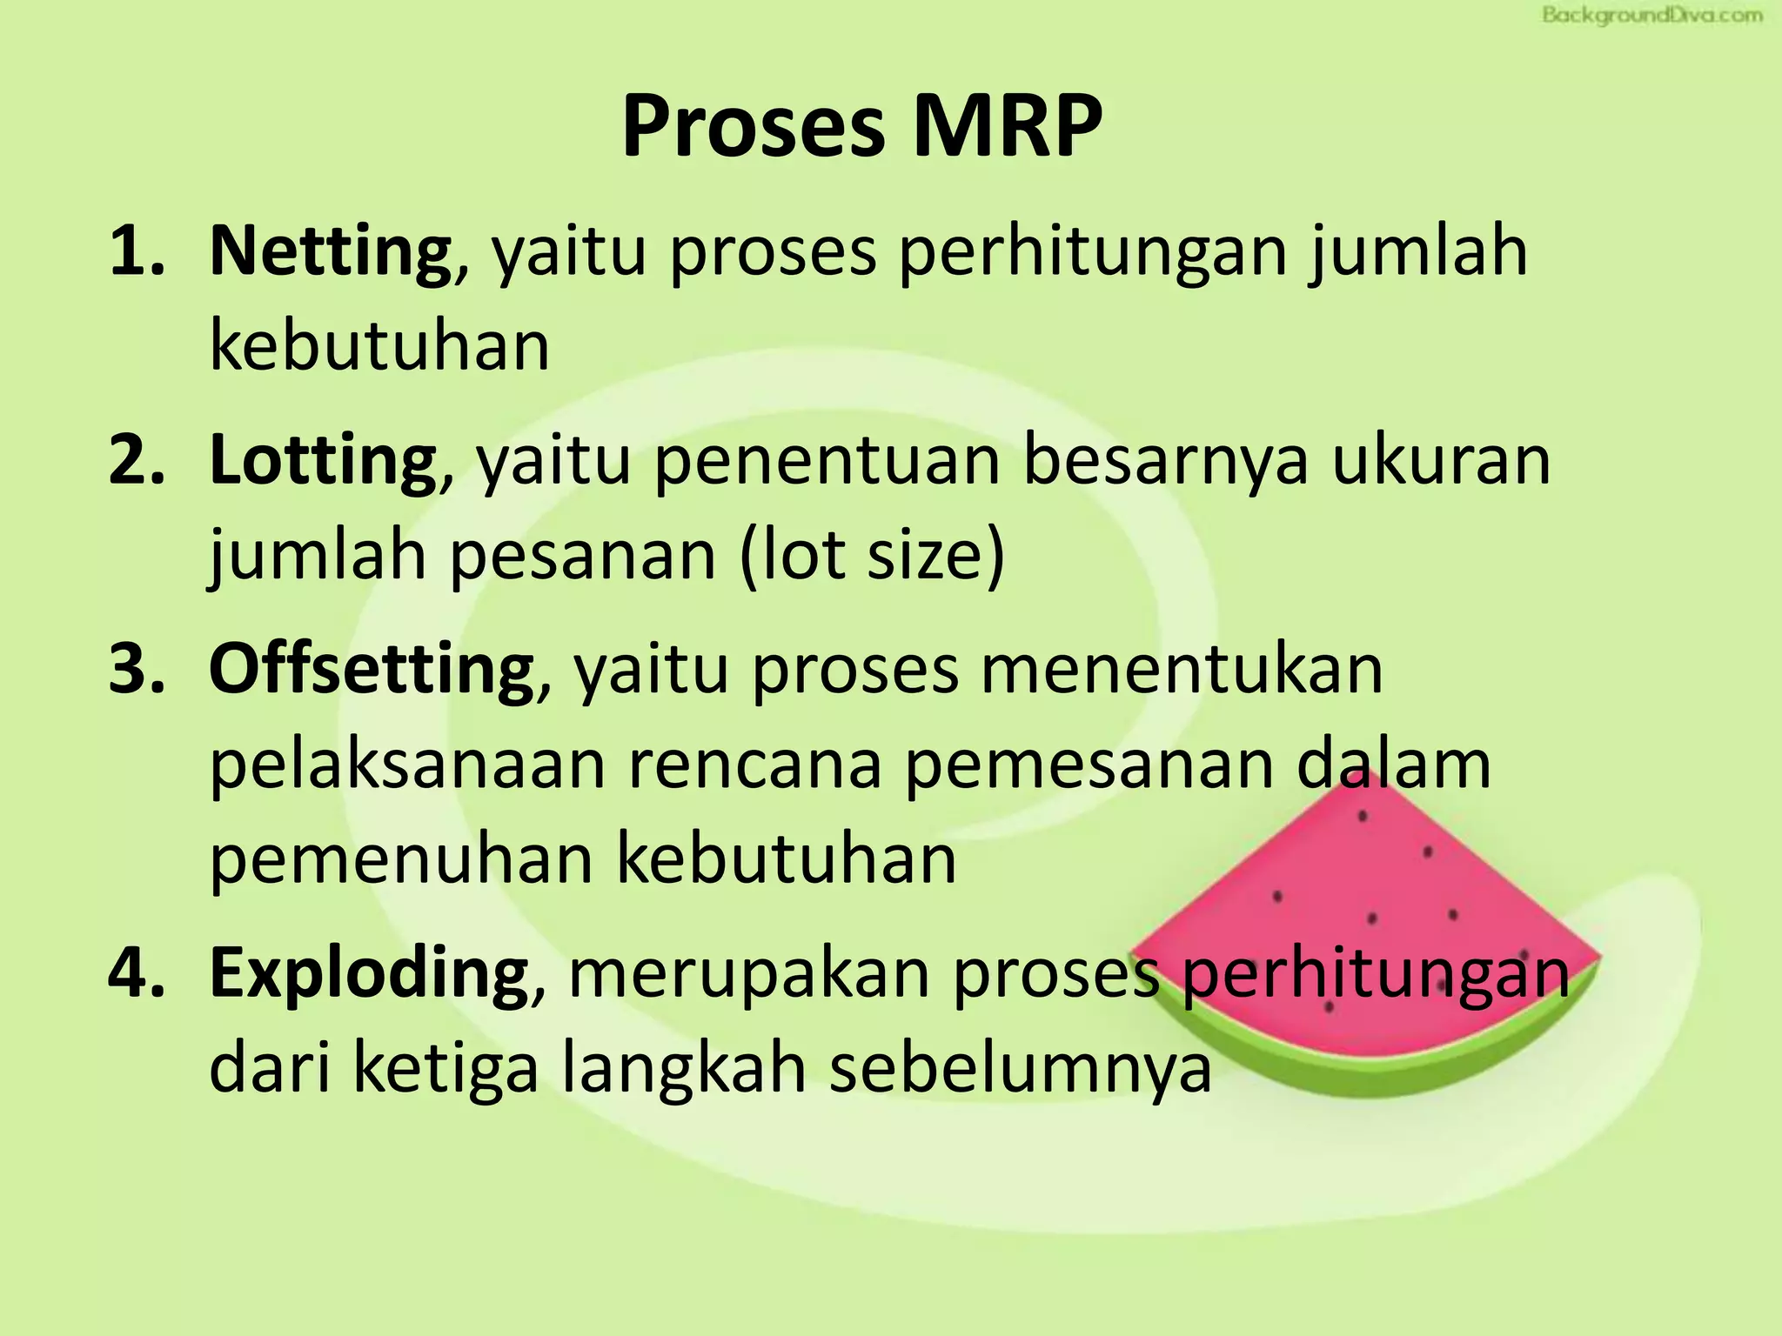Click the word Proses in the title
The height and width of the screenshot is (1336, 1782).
pyautogui.click(x=752, y=127)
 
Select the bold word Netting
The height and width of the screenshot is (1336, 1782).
pyautogui.click(x=330, y=251)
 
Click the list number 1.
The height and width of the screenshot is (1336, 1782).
pyautogui.click(x=136, y=251)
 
